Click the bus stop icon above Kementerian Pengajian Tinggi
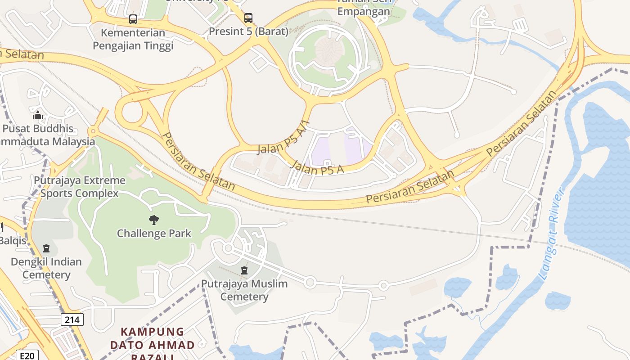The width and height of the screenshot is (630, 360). point(133,19)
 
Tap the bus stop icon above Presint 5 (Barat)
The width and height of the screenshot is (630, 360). point(248,18)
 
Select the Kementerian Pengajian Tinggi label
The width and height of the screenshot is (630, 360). point(133,39)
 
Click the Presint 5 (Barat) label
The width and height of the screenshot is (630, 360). point(248,31)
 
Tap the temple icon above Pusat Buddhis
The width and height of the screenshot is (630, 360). point(38,116)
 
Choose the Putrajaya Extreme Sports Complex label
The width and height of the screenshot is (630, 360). point(80,187)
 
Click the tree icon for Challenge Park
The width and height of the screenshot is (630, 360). point(154,220)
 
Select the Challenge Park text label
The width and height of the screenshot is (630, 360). point(154,234)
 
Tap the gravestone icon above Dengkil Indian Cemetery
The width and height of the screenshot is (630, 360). point(46,248)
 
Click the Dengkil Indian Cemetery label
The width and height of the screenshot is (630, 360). point(46,268)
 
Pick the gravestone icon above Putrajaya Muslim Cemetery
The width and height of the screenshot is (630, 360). point(244,270)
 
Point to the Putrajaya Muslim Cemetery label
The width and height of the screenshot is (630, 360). point(244,290)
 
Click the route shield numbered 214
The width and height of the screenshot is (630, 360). point(72,320)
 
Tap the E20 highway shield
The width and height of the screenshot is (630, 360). point(27,355)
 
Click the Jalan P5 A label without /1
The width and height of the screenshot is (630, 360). point(317,166)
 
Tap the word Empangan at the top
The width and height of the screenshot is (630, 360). point(364,12)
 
